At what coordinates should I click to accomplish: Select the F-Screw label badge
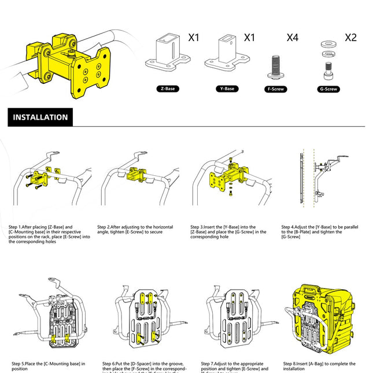click(x=276, y=90)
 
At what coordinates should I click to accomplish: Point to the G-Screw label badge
click(x=328, y=90)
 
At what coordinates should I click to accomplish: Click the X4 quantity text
click(x=293, y=38)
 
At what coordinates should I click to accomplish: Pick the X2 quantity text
click(x=350, y=38)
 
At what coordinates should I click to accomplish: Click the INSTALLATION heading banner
click(x=40, y=117)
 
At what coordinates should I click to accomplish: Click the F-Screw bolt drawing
click(x=275, y=67)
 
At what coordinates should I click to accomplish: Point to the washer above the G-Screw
click(x=328, y=43)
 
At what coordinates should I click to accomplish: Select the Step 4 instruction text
click(x=316, y=232)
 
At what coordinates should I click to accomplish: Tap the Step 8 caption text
click(x=317, y=365)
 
